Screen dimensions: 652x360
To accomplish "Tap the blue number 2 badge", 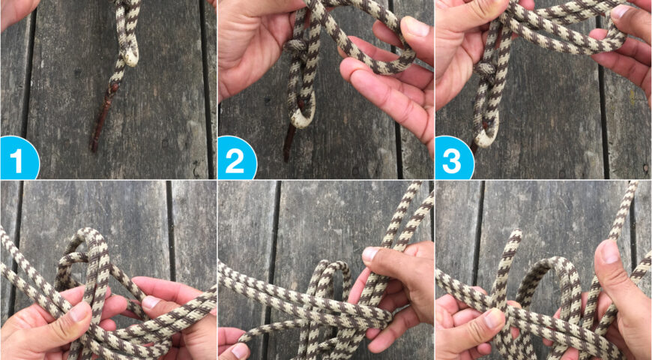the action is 235,159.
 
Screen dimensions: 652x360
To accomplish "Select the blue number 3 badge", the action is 453,159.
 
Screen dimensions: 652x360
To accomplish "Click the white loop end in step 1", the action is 131,58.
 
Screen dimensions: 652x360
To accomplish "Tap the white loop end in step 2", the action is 303,118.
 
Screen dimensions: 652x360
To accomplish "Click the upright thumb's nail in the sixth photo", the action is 609,251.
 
